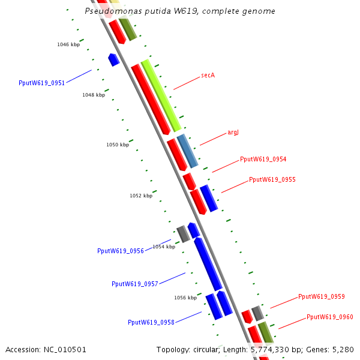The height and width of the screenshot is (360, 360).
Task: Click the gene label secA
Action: (x=208, y=75)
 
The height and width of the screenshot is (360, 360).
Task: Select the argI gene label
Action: (x=233, y=132)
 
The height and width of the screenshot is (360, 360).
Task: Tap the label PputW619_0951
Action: (x=41, y=83)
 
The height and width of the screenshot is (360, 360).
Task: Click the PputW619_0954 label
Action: (x=263, y=159)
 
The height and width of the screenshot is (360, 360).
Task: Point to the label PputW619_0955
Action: (x=272, y=179)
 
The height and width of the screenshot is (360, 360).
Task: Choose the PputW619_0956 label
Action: (x=120, y=251)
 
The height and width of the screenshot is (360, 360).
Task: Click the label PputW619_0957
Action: (x=134, y=284)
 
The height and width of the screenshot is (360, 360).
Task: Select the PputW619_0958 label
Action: (x=151, y=322)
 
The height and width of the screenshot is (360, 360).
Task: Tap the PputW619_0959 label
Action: (x=321, y=296)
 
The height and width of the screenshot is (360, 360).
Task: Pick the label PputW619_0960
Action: (x=329, y=317)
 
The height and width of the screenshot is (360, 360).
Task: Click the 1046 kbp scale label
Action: (x=68, y=44)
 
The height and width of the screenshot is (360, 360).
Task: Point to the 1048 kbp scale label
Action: (x=94, y=95)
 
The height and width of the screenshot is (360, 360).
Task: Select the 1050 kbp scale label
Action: (x=118, y=145)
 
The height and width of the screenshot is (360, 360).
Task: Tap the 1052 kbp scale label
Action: (x=141, y=196)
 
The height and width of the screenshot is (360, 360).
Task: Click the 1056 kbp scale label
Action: (x=185, y=298)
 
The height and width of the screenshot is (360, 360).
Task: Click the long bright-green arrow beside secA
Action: (x=161, y=95)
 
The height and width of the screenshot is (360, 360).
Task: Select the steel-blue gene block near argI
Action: (x=187, y=151)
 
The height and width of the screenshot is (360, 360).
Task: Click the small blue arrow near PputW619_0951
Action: (x=113, y=59)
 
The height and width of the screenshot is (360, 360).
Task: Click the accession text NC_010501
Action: (x=65, y=349)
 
